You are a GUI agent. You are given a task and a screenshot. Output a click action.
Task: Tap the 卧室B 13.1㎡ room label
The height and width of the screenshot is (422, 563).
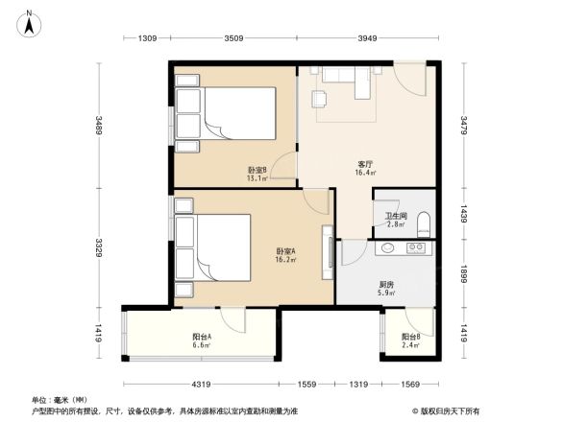point(257,174)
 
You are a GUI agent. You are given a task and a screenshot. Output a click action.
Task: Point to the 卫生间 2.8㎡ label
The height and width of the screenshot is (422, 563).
point(395,220)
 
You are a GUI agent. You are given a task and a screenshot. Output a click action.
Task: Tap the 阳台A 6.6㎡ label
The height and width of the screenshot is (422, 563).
point(202,340)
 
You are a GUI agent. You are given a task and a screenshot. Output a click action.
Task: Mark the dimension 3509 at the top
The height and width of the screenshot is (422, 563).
point(233,38)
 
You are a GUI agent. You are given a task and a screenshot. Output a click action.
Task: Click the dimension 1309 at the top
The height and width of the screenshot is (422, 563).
point(147,38)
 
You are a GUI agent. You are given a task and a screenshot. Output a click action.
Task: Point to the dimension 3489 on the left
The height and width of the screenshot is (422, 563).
point(99,125)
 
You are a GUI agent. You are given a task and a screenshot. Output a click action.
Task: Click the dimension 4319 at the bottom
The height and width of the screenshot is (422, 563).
point(200,384)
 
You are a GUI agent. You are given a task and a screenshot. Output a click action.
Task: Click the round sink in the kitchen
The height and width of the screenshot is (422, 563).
point(388,249)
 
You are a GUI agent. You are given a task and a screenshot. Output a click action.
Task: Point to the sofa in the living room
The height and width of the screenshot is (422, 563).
point(354,76)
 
